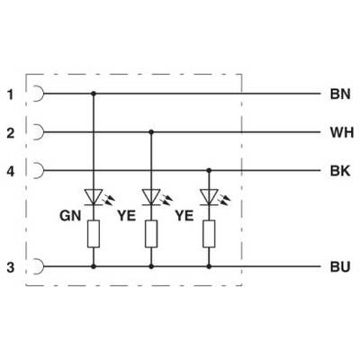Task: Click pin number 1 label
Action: [11, 94]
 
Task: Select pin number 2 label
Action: [11, 133]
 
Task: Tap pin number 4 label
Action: [11, 172]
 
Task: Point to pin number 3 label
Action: [11, 267]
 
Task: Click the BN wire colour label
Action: [340, 94]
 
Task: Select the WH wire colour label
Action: [342, 132]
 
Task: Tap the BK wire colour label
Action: [340, 171]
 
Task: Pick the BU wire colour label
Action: [340, 266]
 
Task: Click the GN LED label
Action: [70, 216]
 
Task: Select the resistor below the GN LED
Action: [94, 234]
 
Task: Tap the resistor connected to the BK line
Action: [209, 234]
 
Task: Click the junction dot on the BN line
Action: [94, 94]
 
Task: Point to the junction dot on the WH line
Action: [151, 132]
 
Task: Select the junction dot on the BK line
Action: [209, 170]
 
